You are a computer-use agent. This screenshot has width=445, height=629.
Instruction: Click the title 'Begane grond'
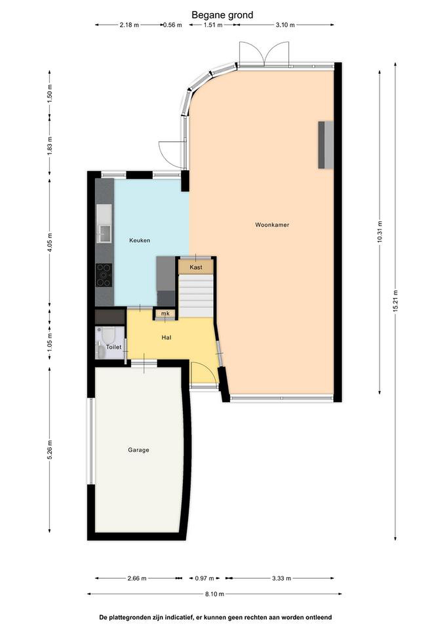point(222,15)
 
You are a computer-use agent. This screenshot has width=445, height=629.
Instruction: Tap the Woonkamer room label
point(272,225)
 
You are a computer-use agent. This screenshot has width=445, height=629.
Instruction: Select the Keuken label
point(139,240)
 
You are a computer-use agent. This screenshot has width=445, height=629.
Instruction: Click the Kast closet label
point(196,267)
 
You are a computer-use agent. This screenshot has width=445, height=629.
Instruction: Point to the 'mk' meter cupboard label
point(165,313)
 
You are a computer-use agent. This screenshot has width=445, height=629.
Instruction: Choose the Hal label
point(166,337)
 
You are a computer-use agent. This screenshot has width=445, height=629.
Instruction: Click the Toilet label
point(113,347)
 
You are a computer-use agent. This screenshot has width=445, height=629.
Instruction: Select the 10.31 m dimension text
point(379,232)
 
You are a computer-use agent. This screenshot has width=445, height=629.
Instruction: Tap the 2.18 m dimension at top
point(129,25)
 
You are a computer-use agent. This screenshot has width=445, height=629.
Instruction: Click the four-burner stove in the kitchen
point(104,275)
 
